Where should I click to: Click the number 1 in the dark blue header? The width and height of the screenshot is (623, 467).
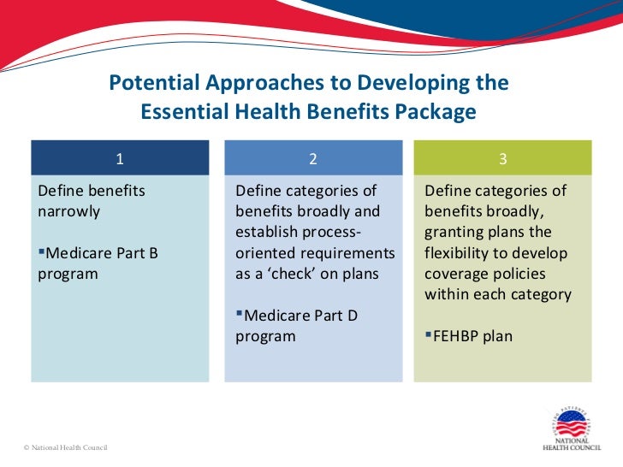120,158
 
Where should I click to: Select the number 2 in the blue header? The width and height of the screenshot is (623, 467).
313,158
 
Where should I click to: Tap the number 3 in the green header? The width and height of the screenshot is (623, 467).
503,158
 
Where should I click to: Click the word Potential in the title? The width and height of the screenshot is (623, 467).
150,84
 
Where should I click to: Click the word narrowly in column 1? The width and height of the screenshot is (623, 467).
69,211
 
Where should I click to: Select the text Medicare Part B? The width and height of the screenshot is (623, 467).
101,253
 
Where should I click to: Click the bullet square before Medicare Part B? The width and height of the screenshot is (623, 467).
42,252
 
